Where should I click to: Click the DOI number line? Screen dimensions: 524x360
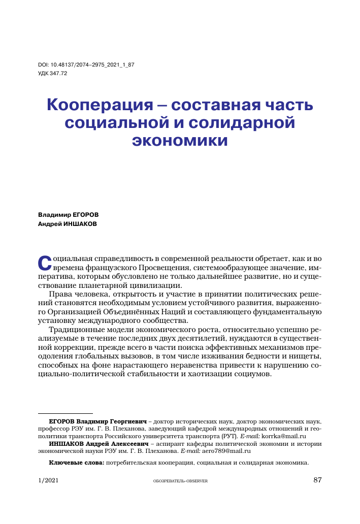(x=86, y=65)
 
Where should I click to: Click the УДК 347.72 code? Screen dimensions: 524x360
(x=53, y=73)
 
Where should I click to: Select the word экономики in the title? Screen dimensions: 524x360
(x=180, y=140)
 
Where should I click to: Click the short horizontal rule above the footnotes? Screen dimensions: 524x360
(x=66, y=414)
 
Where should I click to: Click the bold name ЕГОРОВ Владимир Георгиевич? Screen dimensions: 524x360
(x=97, y=422)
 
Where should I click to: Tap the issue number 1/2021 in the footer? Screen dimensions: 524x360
(x=48, y=481)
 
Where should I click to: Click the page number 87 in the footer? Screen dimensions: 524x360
(x=318, y=481)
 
